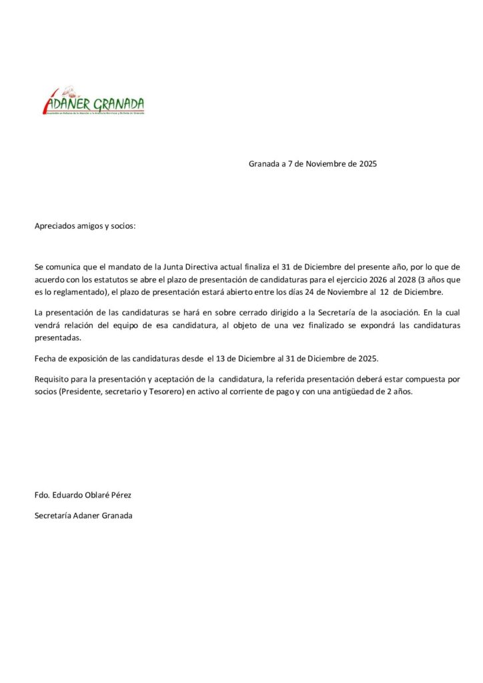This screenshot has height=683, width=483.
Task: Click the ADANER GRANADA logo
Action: (93, 102)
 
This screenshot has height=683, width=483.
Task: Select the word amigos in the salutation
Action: (92, 226)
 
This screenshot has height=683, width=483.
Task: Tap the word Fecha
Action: (45, 359)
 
